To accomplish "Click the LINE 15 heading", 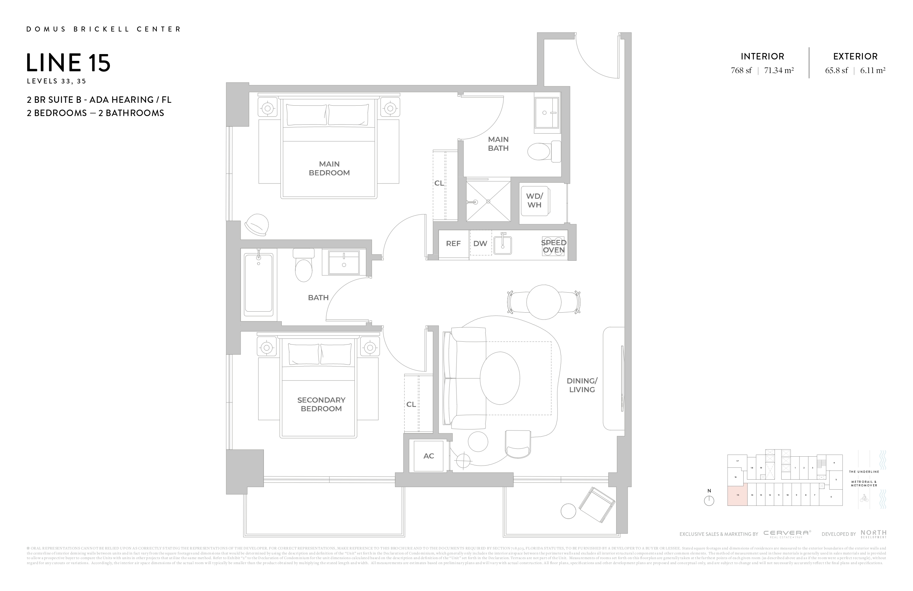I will (x=68, y=63).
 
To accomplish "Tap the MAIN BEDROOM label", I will (x=329, y=168).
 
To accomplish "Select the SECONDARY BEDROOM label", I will (x=321, y=404).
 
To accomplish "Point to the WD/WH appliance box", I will (x=534, y=200).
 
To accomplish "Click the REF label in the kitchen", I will (x=453, y=244).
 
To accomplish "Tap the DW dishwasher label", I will (x=480, y=244).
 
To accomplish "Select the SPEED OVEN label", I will (x=553, y=246).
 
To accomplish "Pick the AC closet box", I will (x=429, y=456).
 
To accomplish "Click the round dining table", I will (x=544, y=302).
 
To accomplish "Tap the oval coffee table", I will (x=499, y=378).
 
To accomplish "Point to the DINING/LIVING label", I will (x=582, y=385).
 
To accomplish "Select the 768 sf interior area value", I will (x=741, y=71).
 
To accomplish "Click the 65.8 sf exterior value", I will (x=836, y=71).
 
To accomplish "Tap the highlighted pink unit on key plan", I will (x=737, y=495).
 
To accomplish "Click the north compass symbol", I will (x=709, y=500).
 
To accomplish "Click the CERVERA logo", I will (x=787, y=533).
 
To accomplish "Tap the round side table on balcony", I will (x=568, y=511).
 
